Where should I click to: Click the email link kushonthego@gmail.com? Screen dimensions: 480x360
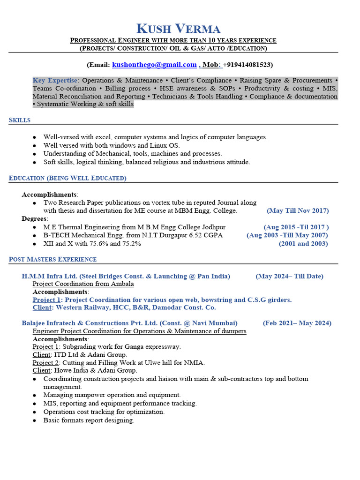154,65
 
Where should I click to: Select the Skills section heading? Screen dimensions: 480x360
20,120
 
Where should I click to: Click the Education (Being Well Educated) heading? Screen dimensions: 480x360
67,178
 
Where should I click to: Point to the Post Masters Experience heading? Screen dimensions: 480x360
53,259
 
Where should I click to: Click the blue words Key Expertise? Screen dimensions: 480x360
55,81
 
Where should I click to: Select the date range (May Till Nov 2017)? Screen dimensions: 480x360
298,211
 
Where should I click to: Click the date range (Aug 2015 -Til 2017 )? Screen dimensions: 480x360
296,227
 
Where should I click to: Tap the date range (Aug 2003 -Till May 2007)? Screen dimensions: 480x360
287,235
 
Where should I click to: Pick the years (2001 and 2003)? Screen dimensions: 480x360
303,244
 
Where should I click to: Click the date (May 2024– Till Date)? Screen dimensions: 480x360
289,276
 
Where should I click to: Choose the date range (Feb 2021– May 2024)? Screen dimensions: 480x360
297,323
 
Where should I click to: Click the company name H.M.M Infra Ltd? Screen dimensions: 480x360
50,276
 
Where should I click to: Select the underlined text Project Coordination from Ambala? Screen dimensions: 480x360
83,284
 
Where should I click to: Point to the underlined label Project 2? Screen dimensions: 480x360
45,363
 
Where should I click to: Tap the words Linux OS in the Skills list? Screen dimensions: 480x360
166,145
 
